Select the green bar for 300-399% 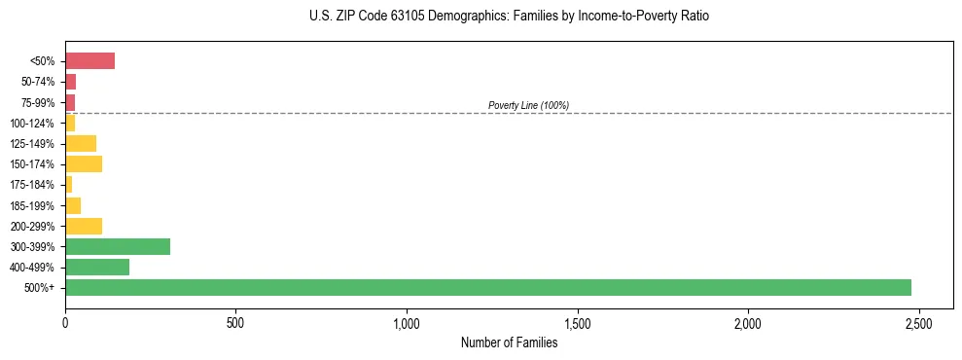118,246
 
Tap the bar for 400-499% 97,267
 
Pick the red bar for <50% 89,61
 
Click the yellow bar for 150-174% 84,163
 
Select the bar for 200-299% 84,226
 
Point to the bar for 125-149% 81,143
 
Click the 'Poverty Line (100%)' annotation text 528,105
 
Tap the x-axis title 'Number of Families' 509,342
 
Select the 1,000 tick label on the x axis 407,322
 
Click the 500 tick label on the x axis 235,322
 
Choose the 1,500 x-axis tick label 578,322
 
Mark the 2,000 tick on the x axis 748,322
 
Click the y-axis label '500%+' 41,288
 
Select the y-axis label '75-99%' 38,102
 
